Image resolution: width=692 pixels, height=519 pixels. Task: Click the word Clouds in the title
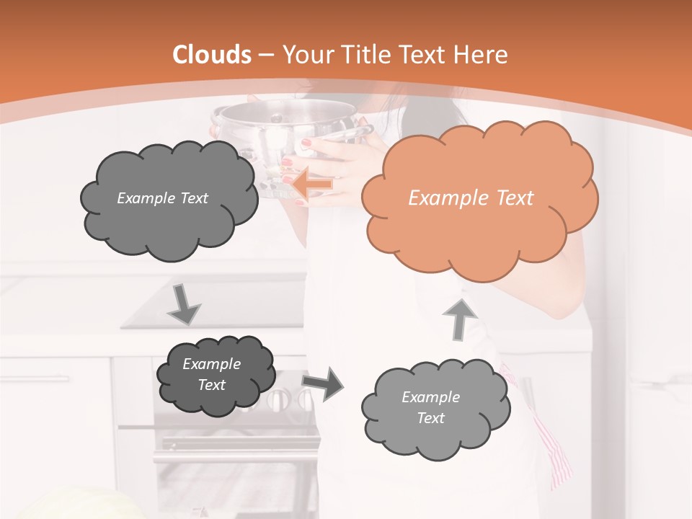pyautogui.click(x=212, y=55)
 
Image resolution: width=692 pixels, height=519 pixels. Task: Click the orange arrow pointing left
pyautogui.click(x=312, y=185)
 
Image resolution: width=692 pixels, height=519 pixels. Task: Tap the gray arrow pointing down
pyautogui.click(x=184, y=304)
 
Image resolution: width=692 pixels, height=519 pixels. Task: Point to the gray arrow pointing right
pyautogui.click(x=323, y=383)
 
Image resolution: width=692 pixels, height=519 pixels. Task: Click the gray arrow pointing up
pyautogui.click(x=460, y=318)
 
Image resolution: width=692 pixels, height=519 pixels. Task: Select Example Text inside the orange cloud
pyautogui.click(x=471, y=198)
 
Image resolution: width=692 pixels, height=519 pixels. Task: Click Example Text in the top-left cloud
pyautogui.click(x=162, y=198)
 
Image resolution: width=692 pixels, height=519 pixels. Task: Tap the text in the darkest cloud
pyautogui.click(x=211, y=375)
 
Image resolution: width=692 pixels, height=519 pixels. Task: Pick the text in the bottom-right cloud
pyautogui.click(x=430, y=407)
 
